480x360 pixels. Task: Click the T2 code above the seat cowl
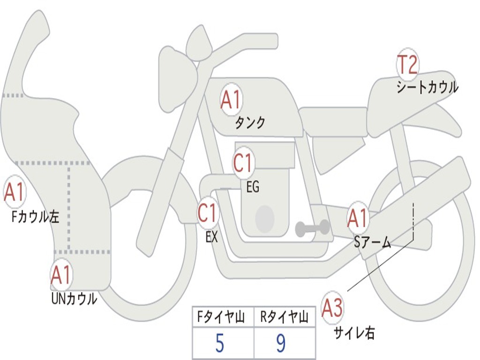[407, 64]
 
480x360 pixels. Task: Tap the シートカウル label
[427, 87]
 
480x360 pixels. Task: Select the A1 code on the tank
[231, 99]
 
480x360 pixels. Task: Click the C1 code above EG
[243, 163]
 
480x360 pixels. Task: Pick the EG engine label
[253, 187]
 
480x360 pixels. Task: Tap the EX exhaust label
[211, 237]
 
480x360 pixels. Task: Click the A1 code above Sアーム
[357, 218]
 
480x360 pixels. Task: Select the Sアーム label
[372, 242]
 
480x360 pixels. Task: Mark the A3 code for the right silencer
[332, 307]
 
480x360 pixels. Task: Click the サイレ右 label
[354, 332]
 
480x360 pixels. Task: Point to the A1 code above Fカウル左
[14, 192]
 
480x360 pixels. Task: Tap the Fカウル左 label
[35, 217]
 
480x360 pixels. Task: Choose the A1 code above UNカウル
[61, 274]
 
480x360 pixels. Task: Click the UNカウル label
[74, 299]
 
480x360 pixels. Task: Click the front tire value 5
[219, 343]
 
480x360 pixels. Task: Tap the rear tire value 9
[281, 343]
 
